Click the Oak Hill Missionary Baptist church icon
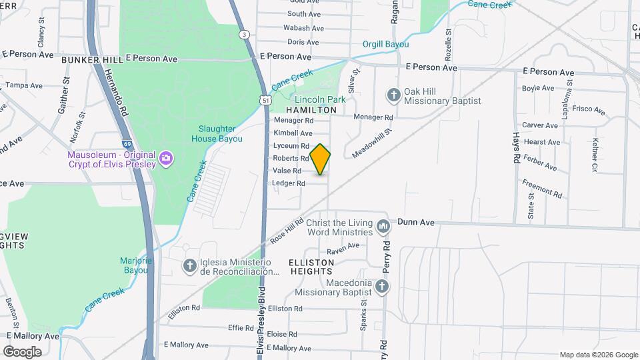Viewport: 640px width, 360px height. pos(393,95)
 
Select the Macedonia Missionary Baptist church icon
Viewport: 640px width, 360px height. pos(381,287)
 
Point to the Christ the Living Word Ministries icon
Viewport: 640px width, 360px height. pos(383,227)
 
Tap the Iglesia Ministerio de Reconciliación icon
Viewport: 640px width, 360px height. pos(190,266)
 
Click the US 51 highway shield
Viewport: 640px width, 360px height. pos(266,100)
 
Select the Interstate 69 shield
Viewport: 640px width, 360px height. pos(127,143)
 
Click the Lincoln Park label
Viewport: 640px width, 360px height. pos(320,99)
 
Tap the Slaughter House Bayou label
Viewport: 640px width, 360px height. pos(220,133)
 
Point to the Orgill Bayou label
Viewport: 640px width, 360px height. pos(385,44)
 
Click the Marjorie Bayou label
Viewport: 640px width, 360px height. pos(136,265)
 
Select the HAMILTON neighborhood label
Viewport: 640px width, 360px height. pos(311,109)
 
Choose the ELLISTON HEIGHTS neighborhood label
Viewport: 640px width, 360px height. pos(311,267)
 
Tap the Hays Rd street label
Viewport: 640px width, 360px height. pos(517,148)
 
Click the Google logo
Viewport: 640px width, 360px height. pos(22,351)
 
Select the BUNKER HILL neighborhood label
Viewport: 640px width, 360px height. pos(92,60)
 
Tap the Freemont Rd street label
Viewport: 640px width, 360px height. pos(543,188)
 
